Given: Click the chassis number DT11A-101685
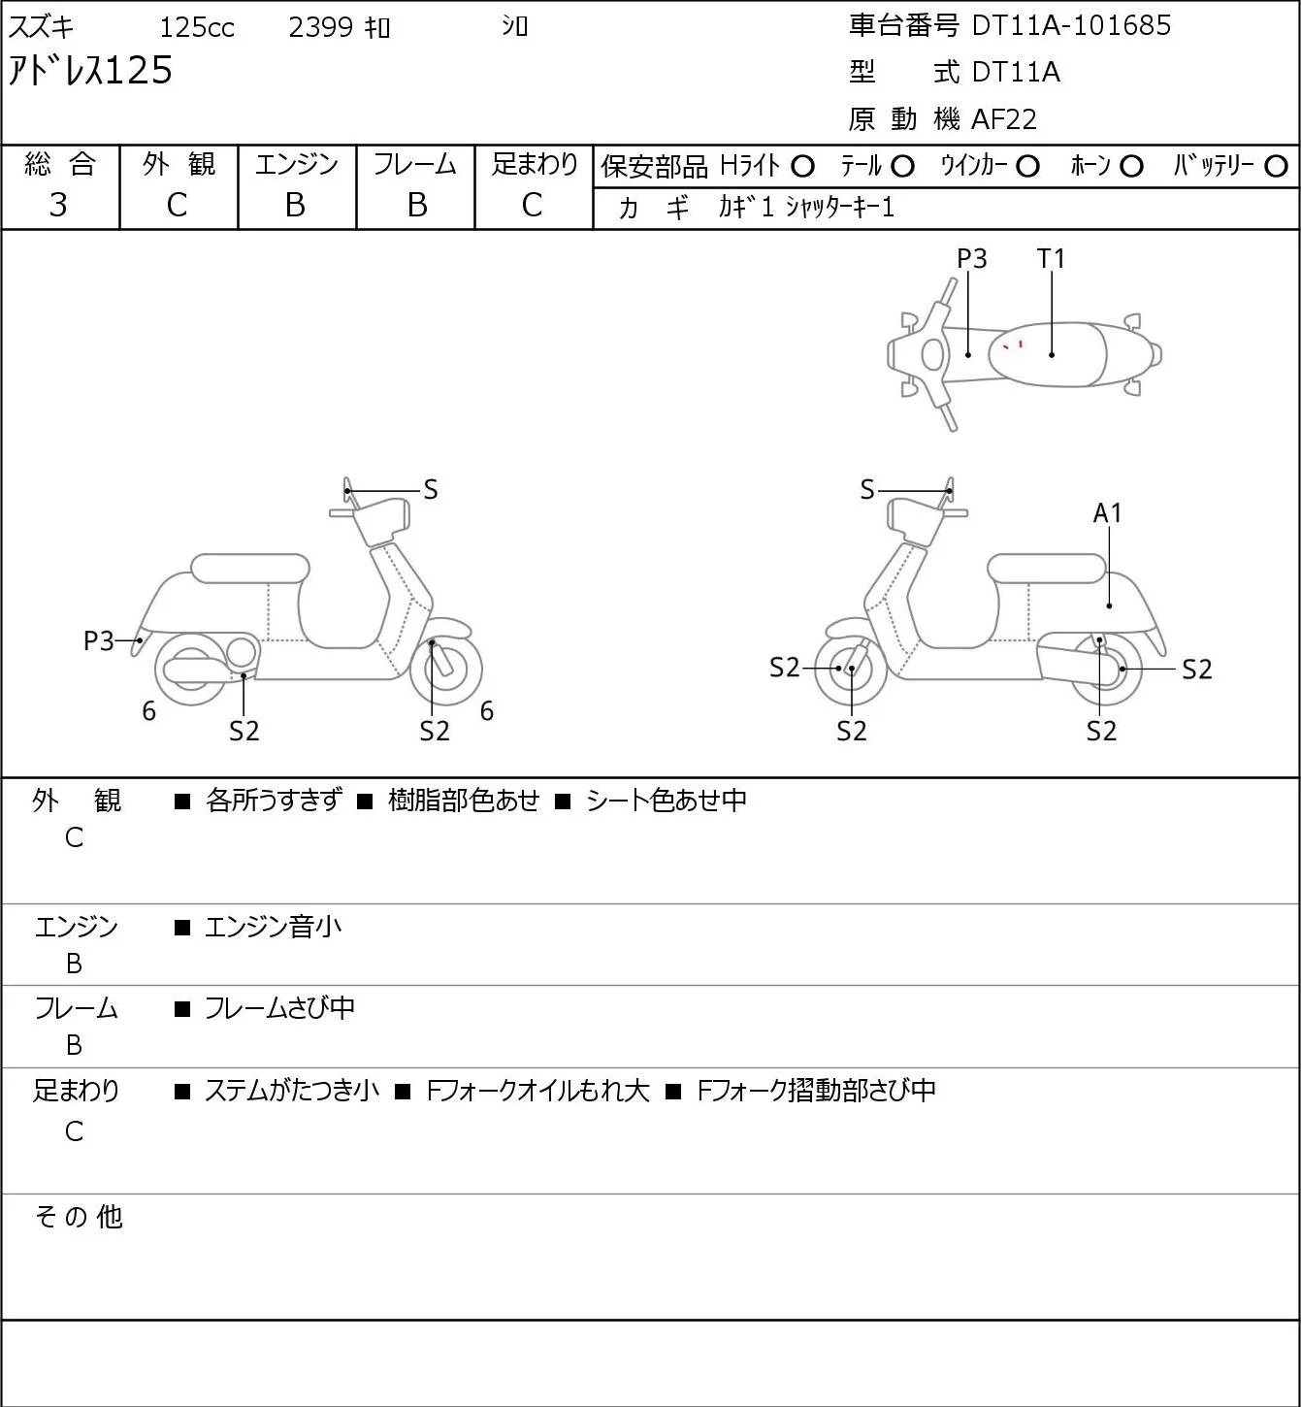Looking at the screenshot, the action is pyautogui.click(x=1071, y=26).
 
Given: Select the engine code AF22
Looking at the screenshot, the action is pyautogui.click(x=1004, y=119).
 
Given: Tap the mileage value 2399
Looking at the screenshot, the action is pyautogui.click(x=320, y=27).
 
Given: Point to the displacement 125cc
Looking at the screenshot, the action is pyautogui.click(x=197, y=27).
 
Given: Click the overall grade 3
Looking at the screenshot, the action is pyautogui.click(x=58, y=206).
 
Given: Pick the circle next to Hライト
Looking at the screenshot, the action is pyautogui.click(x=802, y=167).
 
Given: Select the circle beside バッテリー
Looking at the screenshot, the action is pyautogui.click(x=1276, y=166).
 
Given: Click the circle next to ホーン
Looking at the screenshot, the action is pyautogui.click(x=1131, y=167).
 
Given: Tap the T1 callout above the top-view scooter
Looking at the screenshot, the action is pyautogui.click(x=1051, y=258).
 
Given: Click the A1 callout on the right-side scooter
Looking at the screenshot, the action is pyautogui.click(x=1108, y=512).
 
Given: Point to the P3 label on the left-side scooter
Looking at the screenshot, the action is pyautogui.click(x=98, y=641).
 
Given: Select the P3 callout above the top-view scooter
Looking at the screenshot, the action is pyautogui.click(x=971, y=258).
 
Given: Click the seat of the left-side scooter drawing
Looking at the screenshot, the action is pyautogui.click(x=250, y=569).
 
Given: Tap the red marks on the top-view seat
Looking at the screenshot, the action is pyautogui.click(x=1014, y=345).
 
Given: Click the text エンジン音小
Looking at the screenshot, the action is pyautogui.click(x=273, y=927).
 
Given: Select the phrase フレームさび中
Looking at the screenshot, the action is pyautogui.click(x=279, y=1008).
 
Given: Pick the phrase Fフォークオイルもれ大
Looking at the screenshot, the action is pyautogui.click(x=538, y=1091).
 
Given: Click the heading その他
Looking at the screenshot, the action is pyautogui.click(x=79, y=1217).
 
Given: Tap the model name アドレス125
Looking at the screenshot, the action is pyautogui.click(x=90, y=71).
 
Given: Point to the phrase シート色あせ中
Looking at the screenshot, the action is pyautogui.click(x=667, y=801).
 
